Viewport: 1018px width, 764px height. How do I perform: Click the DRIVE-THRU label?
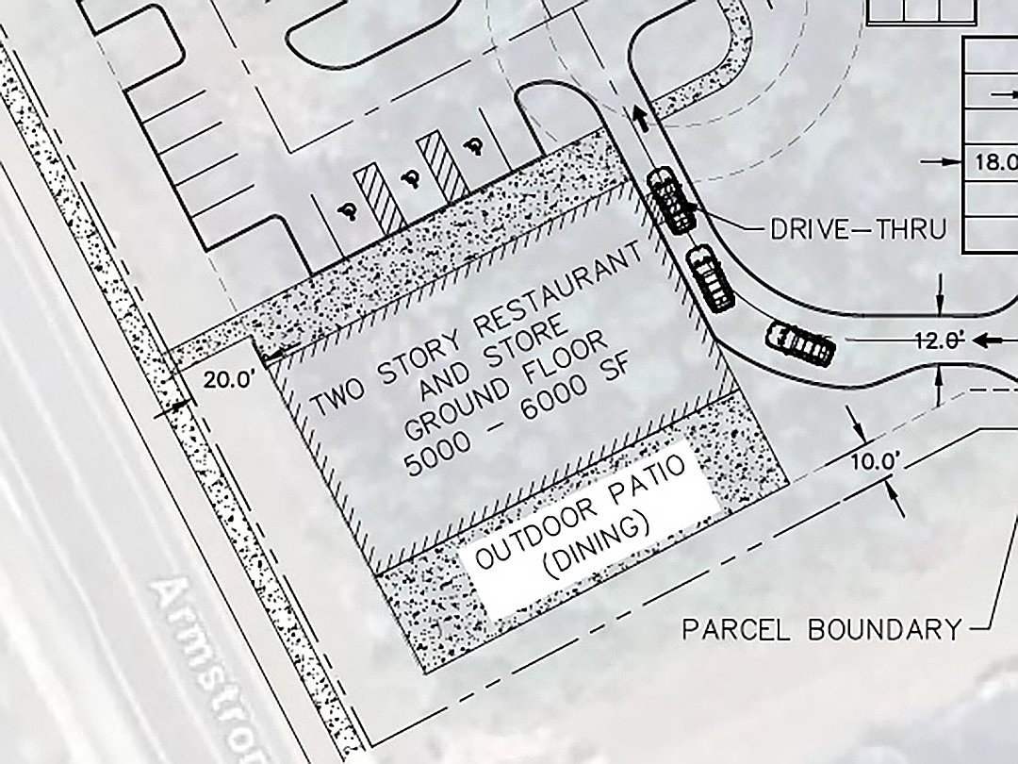858,228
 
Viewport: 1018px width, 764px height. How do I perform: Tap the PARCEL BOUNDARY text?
822,629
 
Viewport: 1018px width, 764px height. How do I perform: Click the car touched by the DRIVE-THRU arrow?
670,200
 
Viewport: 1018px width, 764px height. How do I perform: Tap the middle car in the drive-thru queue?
711,276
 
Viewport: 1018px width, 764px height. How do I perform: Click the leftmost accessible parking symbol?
352,211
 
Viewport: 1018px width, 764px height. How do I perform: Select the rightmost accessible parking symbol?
474,144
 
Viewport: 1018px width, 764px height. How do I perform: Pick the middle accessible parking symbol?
410,178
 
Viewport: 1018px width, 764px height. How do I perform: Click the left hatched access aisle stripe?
379,198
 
